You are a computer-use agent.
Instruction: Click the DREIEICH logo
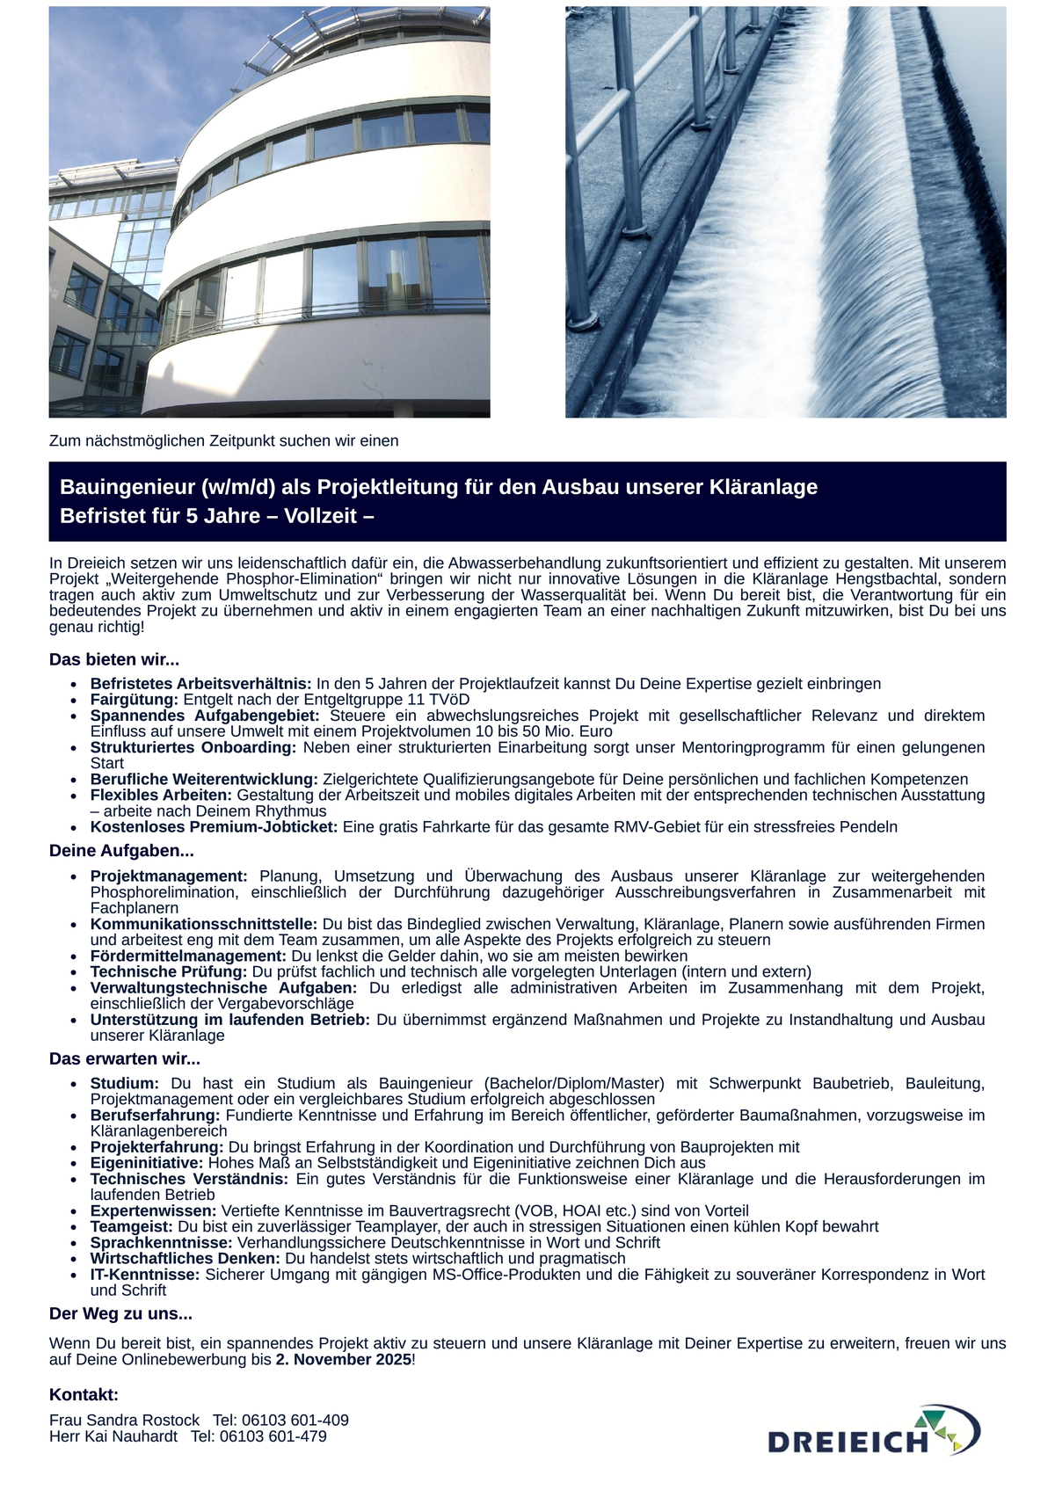pos(874,1431)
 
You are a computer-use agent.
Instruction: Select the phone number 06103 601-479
pos(273,1435)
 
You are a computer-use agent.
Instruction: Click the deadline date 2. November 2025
pos(343,1359)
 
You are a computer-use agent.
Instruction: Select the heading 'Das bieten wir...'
pos(114,659)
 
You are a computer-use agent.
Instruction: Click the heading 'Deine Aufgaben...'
pos(121,851)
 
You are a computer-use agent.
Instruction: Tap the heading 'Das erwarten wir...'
pos(125,1058)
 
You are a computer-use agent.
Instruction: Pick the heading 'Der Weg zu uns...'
pos(120,1314)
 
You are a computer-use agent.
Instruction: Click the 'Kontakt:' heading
pos(84,1395)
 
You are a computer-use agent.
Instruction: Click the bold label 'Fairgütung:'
pos(135,700)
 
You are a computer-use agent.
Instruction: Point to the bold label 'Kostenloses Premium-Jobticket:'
pos(214,826)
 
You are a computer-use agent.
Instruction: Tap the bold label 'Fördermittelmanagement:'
pos(188,956)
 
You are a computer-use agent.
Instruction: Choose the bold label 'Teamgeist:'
pos(132,1226)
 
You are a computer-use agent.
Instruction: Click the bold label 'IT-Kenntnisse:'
pos(145,1274)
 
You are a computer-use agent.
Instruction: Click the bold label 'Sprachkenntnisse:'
pos(162,1242)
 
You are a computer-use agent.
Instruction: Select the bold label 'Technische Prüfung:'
pos(169,971)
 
